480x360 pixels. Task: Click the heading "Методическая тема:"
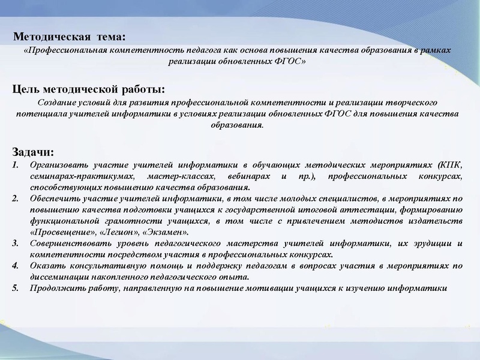pos(70,37)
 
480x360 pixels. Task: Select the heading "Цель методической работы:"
pos(89,90)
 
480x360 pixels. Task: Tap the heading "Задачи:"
pos(33,151)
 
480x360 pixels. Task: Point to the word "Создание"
pos(56,103)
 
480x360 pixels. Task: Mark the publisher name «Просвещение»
pos(61,232)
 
